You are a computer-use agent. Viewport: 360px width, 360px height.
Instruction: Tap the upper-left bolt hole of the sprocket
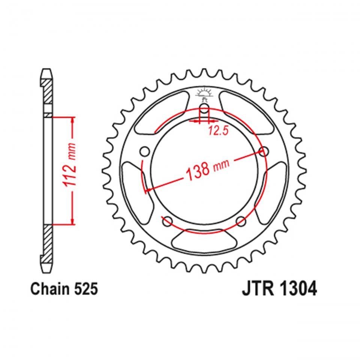(x=144, y=151)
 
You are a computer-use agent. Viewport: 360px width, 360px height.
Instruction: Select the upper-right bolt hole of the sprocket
(x=265, y=151)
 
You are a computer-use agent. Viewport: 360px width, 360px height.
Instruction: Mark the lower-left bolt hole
(x=166, y=222)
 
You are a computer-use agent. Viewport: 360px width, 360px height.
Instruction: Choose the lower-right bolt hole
(x=241, y=222)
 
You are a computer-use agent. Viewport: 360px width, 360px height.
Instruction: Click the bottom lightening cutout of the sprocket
(x=204, y=238)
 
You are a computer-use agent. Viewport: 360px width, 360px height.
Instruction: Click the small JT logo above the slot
(x=204, y=93)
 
